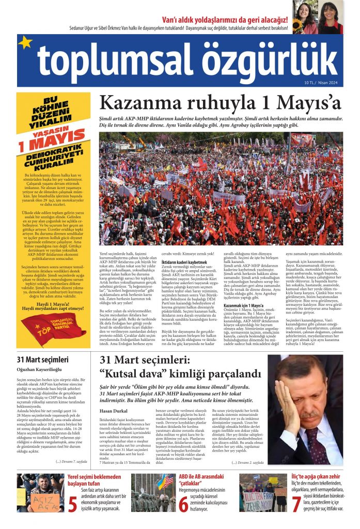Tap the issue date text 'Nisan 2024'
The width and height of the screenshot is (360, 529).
click(x=330, y=82)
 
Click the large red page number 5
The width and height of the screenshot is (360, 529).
click(x=73, y=504)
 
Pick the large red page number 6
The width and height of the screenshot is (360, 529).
click(x=183, y=504)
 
